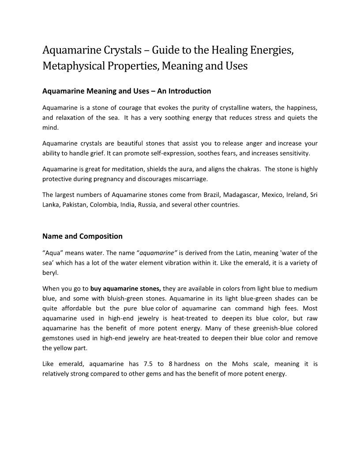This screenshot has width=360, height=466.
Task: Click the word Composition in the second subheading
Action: click(101, 236)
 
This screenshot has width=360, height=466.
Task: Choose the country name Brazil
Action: click(212, 195)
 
